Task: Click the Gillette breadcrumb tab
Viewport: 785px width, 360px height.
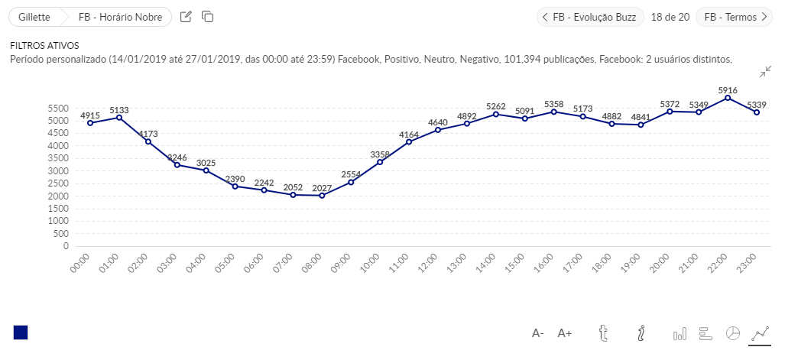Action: click(34, 17)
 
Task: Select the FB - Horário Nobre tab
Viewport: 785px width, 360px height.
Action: click(119, 17)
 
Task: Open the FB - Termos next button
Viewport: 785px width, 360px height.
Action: click(735, 17)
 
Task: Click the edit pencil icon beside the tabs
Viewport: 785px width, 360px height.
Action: click(186, 17)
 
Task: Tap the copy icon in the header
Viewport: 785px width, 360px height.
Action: click(208, 17)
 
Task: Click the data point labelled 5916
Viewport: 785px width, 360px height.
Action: click(728, 98)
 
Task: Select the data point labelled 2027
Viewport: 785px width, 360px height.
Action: click(322, 196)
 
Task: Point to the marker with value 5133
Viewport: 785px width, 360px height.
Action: click(119, 118)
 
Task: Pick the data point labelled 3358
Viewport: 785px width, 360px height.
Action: click(380, 162)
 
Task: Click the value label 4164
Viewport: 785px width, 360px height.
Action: click(409, 135)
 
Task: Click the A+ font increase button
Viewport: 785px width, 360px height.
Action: click(565, 333)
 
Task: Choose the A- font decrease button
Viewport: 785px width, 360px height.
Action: click(538, 333)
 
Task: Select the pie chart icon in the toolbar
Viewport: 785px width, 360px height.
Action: click(732, 333)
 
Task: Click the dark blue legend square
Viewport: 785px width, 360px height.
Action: click(21, 332)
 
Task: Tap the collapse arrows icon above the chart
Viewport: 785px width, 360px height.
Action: click(766, 72)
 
